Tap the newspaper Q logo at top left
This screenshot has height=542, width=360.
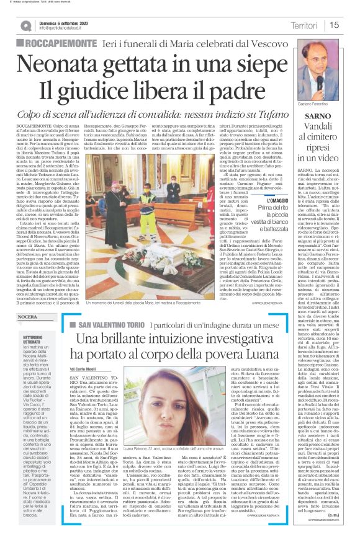click(25, 25)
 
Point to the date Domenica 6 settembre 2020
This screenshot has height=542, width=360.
click(67, 22)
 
